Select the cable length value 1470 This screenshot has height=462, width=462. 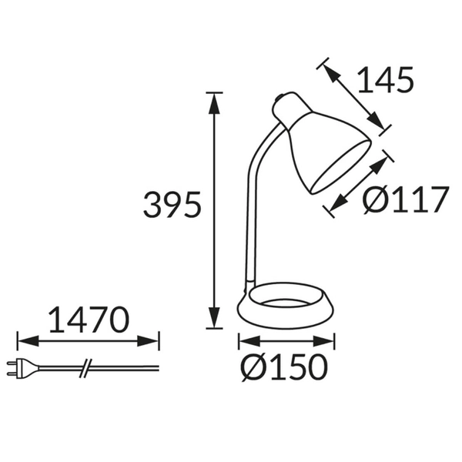pos(88,319)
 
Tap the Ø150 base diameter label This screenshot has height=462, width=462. pos(284,367)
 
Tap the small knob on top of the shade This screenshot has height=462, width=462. pos(280,99)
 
